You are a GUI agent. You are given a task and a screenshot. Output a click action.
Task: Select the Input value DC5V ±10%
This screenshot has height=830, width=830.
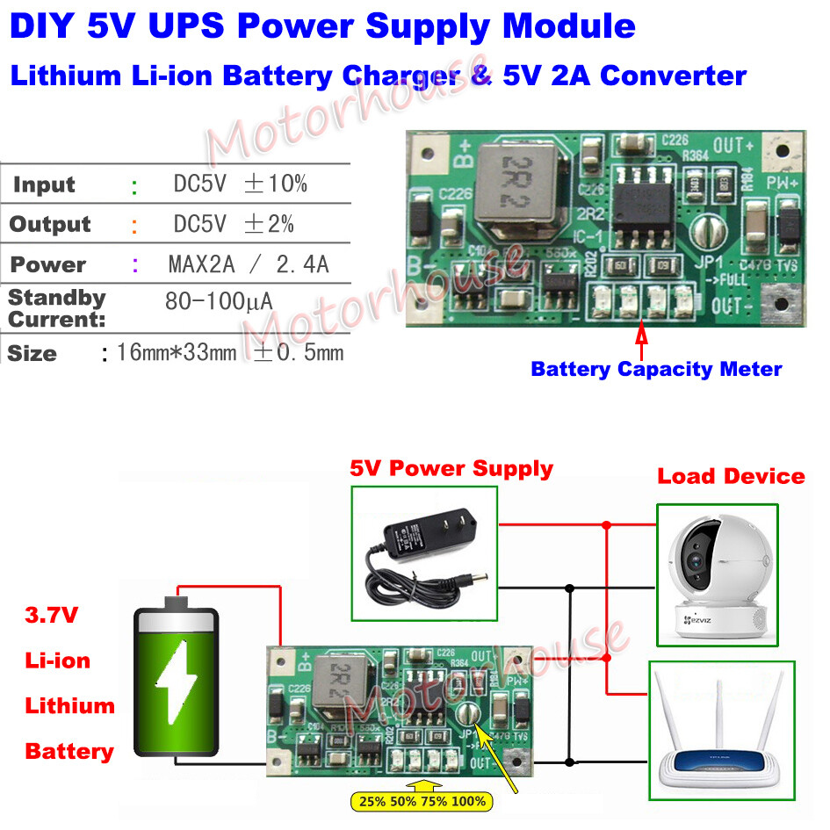pyautogui.click(x=239, y=184)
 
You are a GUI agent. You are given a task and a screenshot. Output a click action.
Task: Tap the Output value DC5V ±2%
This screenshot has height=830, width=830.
pyautogui.click(x=233, y=224)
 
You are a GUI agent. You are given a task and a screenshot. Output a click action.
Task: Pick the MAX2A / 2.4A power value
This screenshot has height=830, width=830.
pyautogui.click(x=248, y=264)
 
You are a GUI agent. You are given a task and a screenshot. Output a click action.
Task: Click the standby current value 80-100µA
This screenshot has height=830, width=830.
pyautogui.click(x=219, y=302)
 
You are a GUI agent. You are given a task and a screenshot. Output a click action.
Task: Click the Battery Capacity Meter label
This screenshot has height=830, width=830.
pyautogui.click(x=656, y=369)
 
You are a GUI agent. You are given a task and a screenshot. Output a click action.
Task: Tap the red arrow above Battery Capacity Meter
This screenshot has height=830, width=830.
pyautogui.click(x=640, y=338)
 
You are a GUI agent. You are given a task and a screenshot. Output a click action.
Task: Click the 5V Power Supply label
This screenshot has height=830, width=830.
pyautogui.click(x=451, y=468)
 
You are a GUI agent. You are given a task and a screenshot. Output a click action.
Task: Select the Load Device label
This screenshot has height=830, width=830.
pyautogui.click(x=731, y=477)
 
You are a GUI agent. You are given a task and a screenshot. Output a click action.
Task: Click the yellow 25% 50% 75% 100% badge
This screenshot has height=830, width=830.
pyautogui.click(x=421, y=801)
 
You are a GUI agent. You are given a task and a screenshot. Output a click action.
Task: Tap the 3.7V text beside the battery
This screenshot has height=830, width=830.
pyautogui.click(x=51, y=615)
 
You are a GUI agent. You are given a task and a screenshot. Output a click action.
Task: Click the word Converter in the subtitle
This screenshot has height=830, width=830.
pyautogui.click(x=673, y=75)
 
